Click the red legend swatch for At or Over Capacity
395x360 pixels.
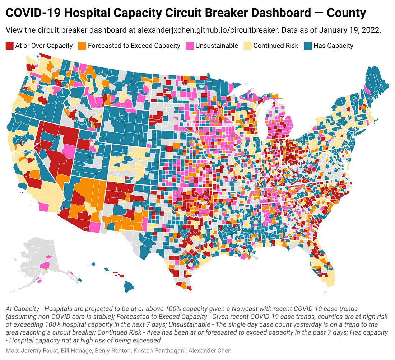10,46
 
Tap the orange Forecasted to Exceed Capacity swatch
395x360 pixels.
82,46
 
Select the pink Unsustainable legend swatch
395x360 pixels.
189,46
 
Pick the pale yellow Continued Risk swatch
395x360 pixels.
247,46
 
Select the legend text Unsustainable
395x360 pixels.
217,46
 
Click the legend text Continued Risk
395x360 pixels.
276,46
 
